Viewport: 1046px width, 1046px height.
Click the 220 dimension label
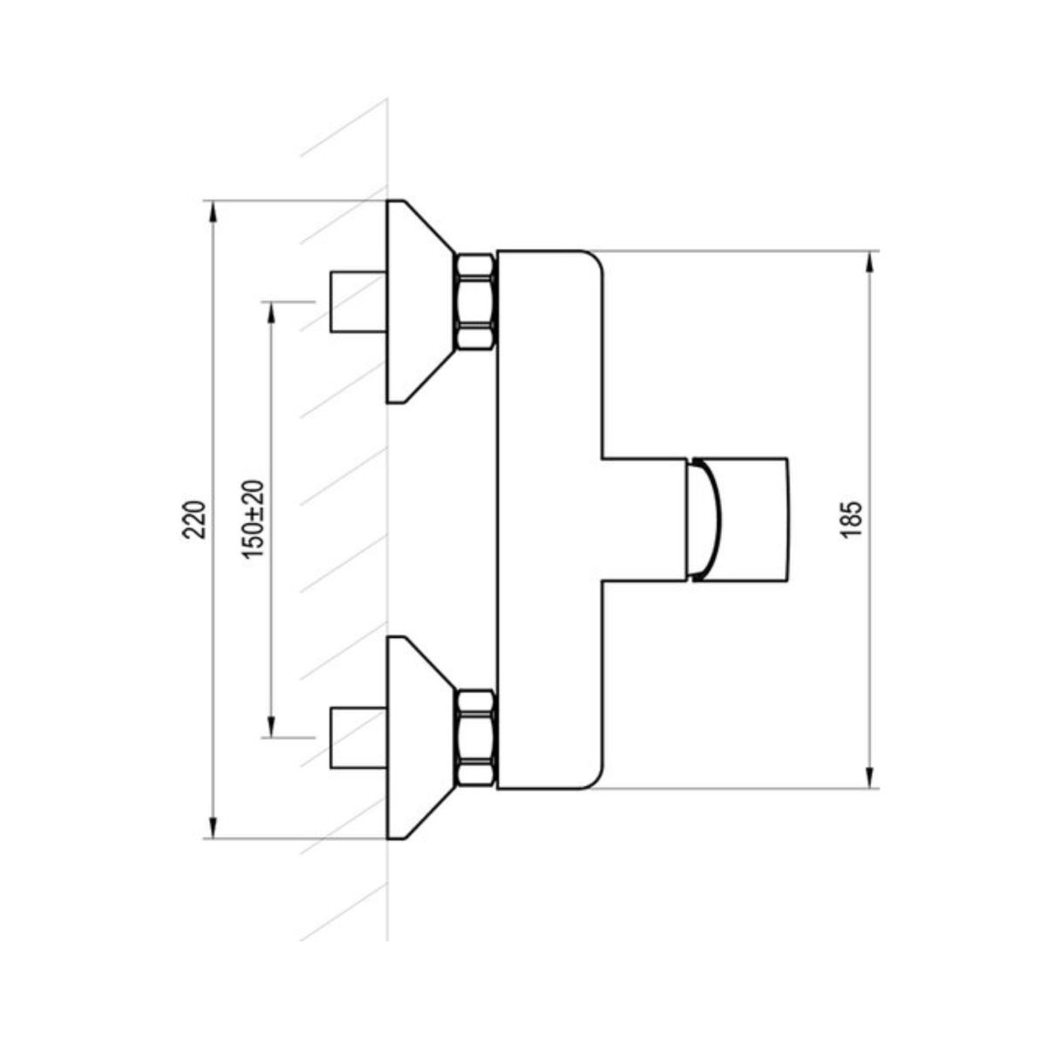pyautogui.click(x=194, y=520)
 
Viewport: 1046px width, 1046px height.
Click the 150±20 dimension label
pyautogui.click(x=254, y=519)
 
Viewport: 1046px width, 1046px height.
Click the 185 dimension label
pyautogui.click(x=851, y=520)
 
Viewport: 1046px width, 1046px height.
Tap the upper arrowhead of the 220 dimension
pyautogui.click(x=214, y=211)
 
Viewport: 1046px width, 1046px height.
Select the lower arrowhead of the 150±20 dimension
pyautogui.click(x=271, y=727)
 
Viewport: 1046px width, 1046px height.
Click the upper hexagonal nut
pyautogui.click(x=476, y=302)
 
